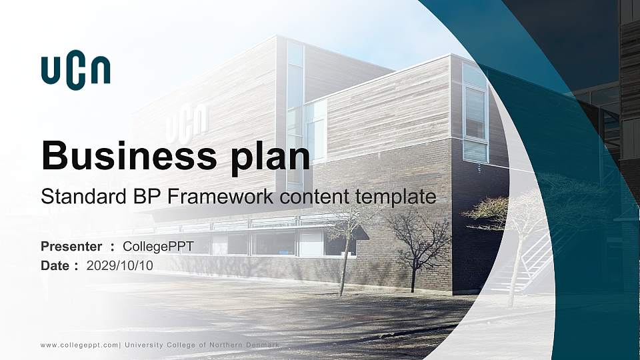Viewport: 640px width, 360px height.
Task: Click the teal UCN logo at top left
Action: [75, 72]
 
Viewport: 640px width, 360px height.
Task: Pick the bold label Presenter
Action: [71, 247]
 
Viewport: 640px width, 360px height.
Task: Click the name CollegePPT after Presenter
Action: [158, 247]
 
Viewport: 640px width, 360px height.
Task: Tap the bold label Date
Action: [55, 265]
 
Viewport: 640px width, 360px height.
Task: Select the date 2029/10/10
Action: [120, 265]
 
